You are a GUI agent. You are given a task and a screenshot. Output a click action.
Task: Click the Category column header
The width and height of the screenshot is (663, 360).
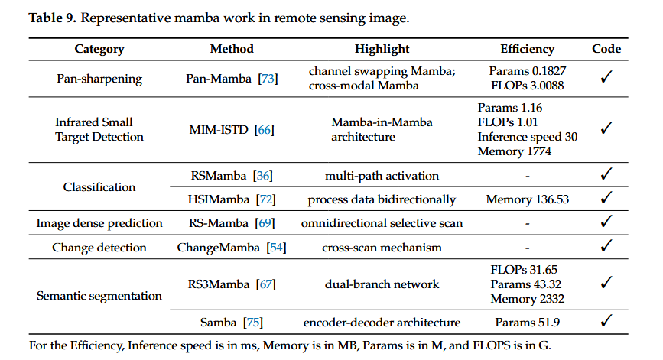(99, 49)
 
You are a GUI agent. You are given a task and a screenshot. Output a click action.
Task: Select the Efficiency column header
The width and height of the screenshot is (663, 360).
(528, 49)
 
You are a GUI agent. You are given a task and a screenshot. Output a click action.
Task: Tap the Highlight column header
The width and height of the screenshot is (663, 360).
(382, 49)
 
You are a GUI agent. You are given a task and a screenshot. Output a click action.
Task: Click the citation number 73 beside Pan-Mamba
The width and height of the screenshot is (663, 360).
(268, 79)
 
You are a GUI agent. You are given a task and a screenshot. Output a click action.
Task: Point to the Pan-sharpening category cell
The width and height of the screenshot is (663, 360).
(99, 79)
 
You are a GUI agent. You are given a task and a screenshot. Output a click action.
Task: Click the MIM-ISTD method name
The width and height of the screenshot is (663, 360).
(219, 130)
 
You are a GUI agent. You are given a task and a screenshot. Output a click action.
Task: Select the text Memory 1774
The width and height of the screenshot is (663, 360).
(515, 151)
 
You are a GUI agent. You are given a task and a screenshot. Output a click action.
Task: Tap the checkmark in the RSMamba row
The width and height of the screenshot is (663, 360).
(606, 174)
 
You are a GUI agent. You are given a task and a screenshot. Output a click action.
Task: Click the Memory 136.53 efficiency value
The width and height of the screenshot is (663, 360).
(528, 199)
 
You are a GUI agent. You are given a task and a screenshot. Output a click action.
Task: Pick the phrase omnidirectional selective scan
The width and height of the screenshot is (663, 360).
(382, 223)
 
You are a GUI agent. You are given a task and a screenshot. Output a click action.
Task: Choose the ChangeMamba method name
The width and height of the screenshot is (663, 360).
(218, 248)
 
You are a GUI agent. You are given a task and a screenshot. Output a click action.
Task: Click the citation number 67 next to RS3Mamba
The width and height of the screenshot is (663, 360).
(266, 284)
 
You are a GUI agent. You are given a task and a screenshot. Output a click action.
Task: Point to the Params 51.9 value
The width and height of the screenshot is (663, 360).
(528, 323)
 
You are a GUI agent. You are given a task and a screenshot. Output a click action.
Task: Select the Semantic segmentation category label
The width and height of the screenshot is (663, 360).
(99, 297)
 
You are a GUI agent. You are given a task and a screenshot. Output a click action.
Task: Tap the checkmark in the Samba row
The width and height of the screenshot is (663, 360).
(606, 321)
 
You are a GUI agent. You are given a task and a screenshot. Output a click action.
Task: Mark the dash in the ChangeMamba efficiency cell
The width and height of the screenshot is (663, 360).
(528, 248)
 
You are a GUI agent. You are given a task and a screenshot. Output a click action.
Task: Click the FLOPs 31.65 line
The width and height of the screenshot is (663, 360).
(524, 270)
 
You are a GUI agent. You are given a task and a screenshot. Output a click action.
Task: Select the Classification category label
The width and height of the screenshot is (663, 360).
(99, 187)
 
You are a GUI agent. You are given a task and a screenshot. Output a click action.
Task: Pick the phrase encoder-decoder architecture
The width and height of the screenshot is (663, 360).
(382, 323)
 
